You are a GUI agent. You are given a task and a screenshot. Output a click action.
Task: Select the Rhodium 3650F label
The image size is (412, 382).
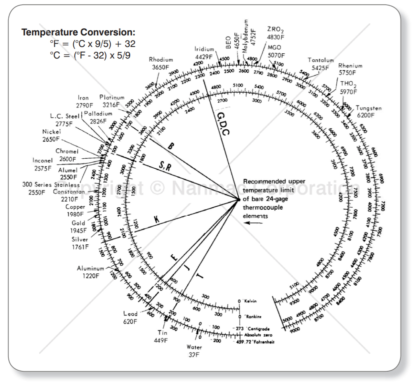coord(161,63)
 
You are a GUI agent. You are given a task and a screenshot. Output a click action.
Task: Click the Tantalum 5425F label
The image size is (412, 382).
coord(318,64)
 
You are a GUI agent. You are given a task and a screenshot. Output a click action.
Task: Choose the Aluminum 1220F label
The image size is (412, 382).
coord(90,272)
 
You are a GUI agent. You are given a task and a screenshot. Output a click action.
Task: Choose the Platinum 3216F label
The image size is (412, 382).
coord(112,101)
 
